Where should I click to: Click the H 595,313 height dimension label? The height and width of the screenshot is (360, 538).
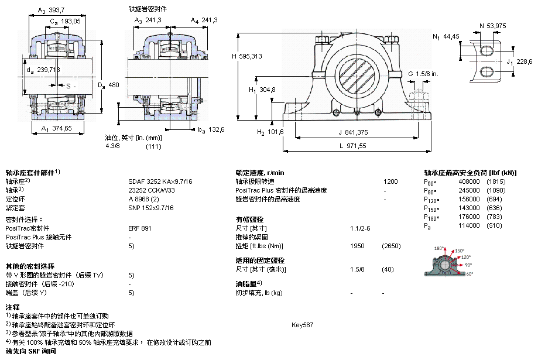tap(246, 56)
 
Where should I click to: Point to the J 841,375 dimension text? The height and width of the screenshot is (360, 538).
tap(353, 132)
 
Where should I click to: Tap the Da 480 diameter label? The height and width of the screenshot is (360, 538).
tap(108, 85)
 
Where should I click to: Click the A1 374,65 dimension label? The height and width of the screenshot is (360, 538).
tap(57, 128)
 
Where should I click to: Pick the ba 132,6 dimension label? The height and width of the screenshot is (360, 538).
tap(211, 130)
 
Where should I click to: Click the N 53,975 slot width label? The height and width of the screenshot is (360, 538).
tap(493, 26)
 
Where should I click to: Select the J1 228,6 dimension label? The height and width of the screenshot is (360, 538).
tap(519, 62)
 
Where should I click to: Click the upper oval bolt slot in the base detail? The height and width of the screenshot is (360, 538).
tap(486, 51)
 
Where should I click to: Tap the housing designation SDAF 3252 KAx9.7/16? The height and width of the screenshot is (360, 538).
tap(160, 181)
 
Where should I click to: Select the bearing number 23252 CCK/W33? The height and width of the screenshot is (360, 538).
tap(151, 190)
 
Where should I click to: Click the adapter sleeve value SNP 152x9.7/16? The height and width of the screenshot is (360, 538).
tap(151, 208)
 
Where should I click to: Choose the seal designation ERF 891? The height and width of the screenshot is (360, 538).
tap(140, 228)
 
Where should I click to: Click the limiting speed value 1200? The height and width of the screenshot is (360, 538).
tap(390, 181)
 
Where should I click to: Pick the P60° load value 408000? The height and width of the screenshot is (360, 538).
tap(469, 181)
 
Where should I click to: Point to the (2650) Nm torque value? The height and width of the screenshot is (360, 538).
tap(391, 246)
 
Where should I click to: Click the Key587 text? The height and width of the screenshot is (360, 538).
tap(302, 325)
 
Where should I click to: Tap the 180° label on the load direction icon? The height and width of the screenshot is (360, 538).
tap(439, 248)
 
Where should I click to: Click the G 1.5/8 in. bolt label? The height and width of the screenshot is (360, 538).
tap(423, 74)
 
